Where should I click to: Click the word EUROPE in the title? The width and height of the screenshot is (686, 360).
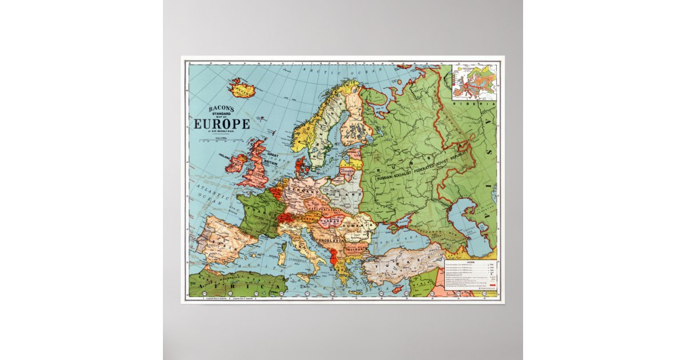222,124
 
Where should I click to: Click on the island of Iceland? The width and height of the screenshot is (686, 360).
242,89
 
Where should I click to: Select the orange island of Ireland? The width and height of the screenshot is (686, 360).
236,163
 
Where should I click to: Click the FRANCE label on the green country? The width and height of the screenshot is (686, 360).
255,217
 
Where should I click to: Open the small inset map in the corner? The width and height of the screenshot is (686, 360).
474,82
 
